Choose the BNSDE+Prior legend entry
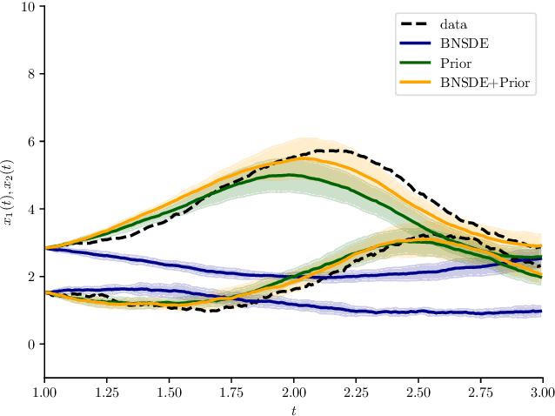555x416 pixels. (x=485, y=82)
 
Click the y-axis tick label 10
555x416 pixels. (x=28, y=7)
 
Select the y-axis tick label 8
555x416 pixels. (x=31, y=74)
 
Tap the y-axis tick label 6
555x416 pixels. (x=31, y=142)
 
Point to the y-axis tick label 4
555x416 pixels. (x=31, y=209)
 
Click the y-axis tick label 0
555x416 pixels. (x=31, y=345)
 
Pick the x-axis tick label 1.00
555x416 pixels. (x=44, y=393)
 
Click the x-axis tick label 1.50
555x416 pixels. (x=169, y=393)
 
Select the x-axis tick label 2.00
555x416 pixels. (x=293, y=393)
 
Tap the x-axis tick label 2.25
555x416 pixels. (x=356, y=393)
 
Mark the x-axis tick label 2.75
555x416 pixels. (x=480, y=393)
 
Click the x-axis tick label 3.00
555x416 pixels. (x=542, y=393)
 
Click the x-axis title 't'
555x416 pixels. (x=293, y=408)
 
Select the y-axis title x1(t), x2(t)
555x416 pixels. (x=10, y=192)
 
